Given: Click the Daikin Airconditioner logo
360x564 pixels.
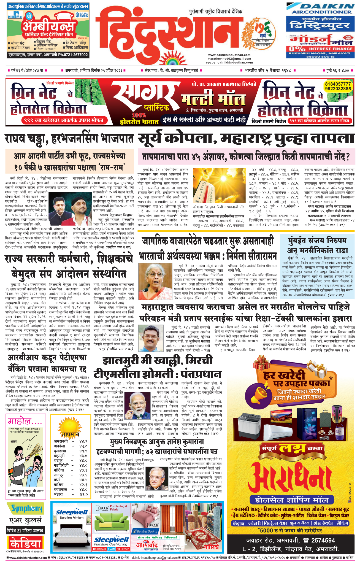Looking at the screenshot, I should click(320, 8).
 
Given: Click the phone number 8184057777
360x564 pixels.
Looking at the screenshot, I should click(338, 84).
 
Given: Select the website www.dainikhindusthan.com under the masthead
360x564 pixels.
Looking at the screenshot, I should click(229, 55).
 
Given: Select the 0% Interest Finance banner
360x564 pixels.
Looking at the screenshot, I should click(320, 49).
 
